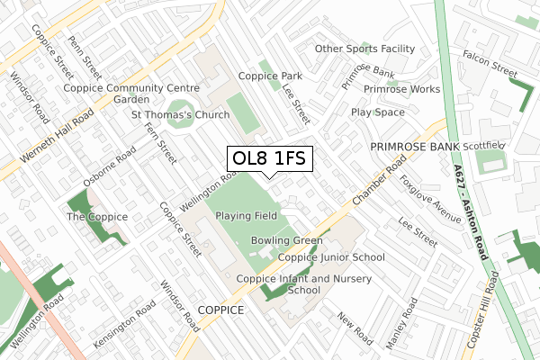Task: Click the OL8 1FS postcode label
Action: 269,159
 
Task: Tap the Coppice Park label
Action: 270,76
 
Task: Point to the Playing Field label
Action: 246,216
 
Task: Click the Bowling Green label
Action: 286,240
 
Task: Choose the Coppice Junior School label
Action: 331,257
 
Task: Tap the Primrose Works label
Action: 401,89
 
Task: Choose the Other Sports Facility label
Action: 364,49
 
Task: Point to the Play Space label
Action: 378,112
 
